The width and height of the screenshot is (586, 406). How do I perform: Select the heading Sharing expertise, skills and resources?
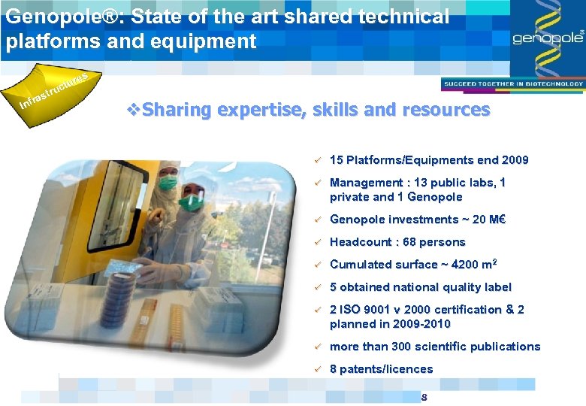(x=316, y=110)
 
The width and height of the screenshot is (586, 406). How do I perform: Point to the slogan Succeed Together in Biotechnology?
(x=512, y=83)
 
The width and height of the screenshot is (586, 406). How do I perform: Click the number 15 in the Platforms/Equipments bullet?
(x=337, y=160)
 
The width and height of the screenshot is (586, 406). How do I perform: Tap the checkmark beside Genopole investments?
(x=318, y=220)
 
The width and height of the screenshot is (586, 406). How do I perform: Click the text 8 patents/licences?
(x=381, y=369)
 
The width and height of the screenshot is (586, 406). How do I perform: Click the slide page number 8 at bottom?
(x=424, y=397)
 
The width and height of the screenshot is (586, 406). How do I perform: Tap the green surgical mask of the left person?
(x=168, y=182)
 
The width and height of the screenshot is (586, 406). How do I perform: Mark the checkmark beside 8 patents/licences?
(x=318, y=369)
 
